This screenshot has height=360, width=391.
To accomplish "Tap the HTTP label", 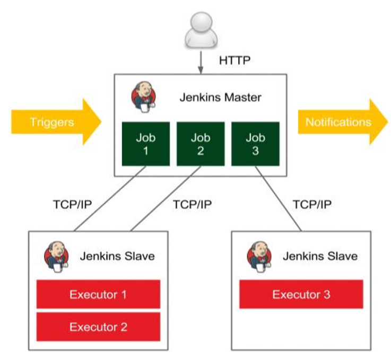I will pyautogui.click(x=235, y=60).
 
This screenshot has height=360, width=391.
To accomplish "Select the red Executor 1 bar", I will pyautogui.click(x=98, y=294).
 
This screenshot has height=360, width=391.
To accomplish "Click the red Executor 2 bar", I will pyautogui.click(x=98, y=327).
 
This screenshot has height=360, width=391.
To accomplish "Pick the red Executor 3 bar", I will pyautogui.click(x=301, y=294).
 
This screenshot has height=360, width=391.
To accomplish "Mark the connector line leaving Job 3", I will pyautogui.click(x=279, y=199).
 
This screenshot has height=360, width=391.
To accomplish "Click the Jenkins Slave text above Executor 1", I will pyautogui.click(x=117, y=257).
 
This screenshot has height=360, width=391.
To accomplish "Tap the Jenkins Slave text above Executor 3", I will pyautogui.click(x=320, y=257).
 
